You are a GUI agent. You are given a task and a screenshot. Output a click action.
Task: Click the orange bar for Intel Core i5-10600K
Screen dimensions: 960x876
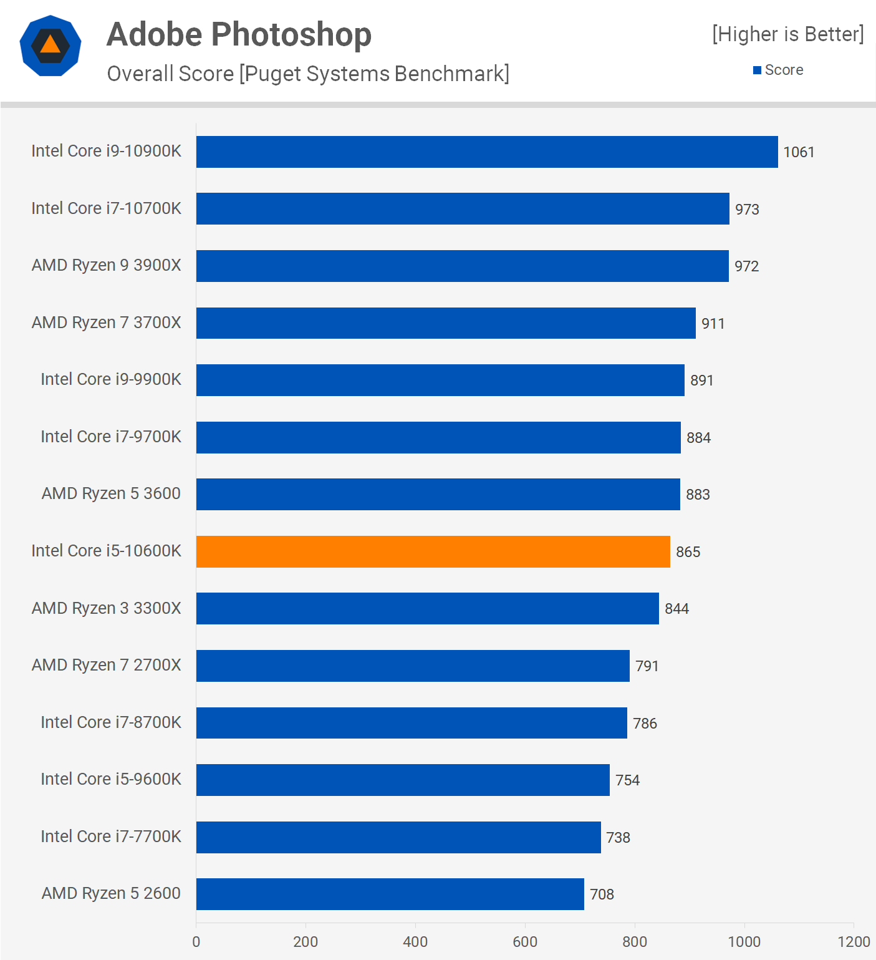click(433, 551)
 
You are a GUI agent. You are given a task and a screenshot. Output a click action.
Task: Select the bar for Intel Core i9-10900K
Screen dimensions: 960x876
click(486, 152)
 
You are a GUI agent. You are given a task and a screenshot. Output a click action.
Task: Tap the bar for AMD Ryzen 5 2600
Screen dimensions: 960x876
click(390, 894)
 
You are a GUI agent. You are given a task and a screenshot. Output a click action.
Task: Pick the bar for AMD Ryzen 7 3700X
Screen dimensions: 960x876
click(446, 323)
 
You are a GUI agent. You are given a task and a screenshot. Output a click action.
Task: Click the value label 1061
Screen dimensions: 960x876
click(799, 152)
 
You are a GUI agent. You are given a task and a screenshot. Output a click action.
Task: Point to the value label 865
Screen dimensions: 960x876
click(688, 552)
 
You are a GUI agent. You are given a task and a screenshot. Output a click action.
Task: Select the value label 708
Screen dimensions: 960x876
click(602, 895)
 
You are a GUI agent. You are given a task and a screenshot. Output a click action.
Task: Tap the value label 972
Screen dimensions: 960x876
click(746, 266)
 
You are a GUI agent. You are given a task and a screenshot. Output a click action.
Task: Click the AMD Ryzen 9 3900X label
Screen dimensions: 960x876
click(106, 265)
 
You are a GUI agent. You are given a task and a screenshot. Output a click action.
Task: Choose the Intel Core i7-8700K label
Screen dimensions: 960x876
click(110, 722)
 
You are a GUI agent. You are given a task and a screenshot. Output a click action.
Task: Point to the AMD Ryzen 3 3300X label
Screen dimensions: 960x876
click(106, 608)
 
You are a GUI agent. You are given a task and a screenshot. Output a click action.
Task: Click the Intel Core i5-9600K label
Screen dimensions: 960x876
click(110, 779)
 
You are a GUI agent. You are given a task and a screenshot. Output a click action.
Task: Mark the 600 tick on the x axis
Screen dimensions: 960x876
click(525, 941)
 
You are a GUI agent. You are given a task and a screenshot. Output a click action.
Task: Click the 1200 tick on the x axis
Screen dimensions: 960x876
click(854, 941)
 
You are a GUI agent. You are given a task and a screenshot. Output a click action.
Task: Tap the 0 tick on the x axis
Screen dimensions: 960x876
click(196, 941)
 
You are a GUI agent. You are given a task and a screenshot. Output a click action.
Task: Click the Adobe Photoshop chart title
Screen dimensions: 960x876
click(239, 34)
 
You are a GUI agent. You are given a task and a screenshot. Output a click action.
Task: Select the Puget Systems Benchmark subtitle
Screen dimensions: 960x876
click(308, 74)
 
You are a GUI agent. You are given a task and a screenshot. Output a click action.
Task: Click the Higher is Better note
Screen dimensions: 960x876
click(788, 34)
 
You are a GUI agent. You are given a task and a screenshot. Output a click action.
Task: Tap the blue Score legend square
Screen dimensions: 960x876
click(757, 70)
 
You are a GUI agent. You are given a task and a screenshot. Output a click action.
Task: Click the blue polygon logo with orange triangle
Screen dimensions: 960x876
click(51, 46)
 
